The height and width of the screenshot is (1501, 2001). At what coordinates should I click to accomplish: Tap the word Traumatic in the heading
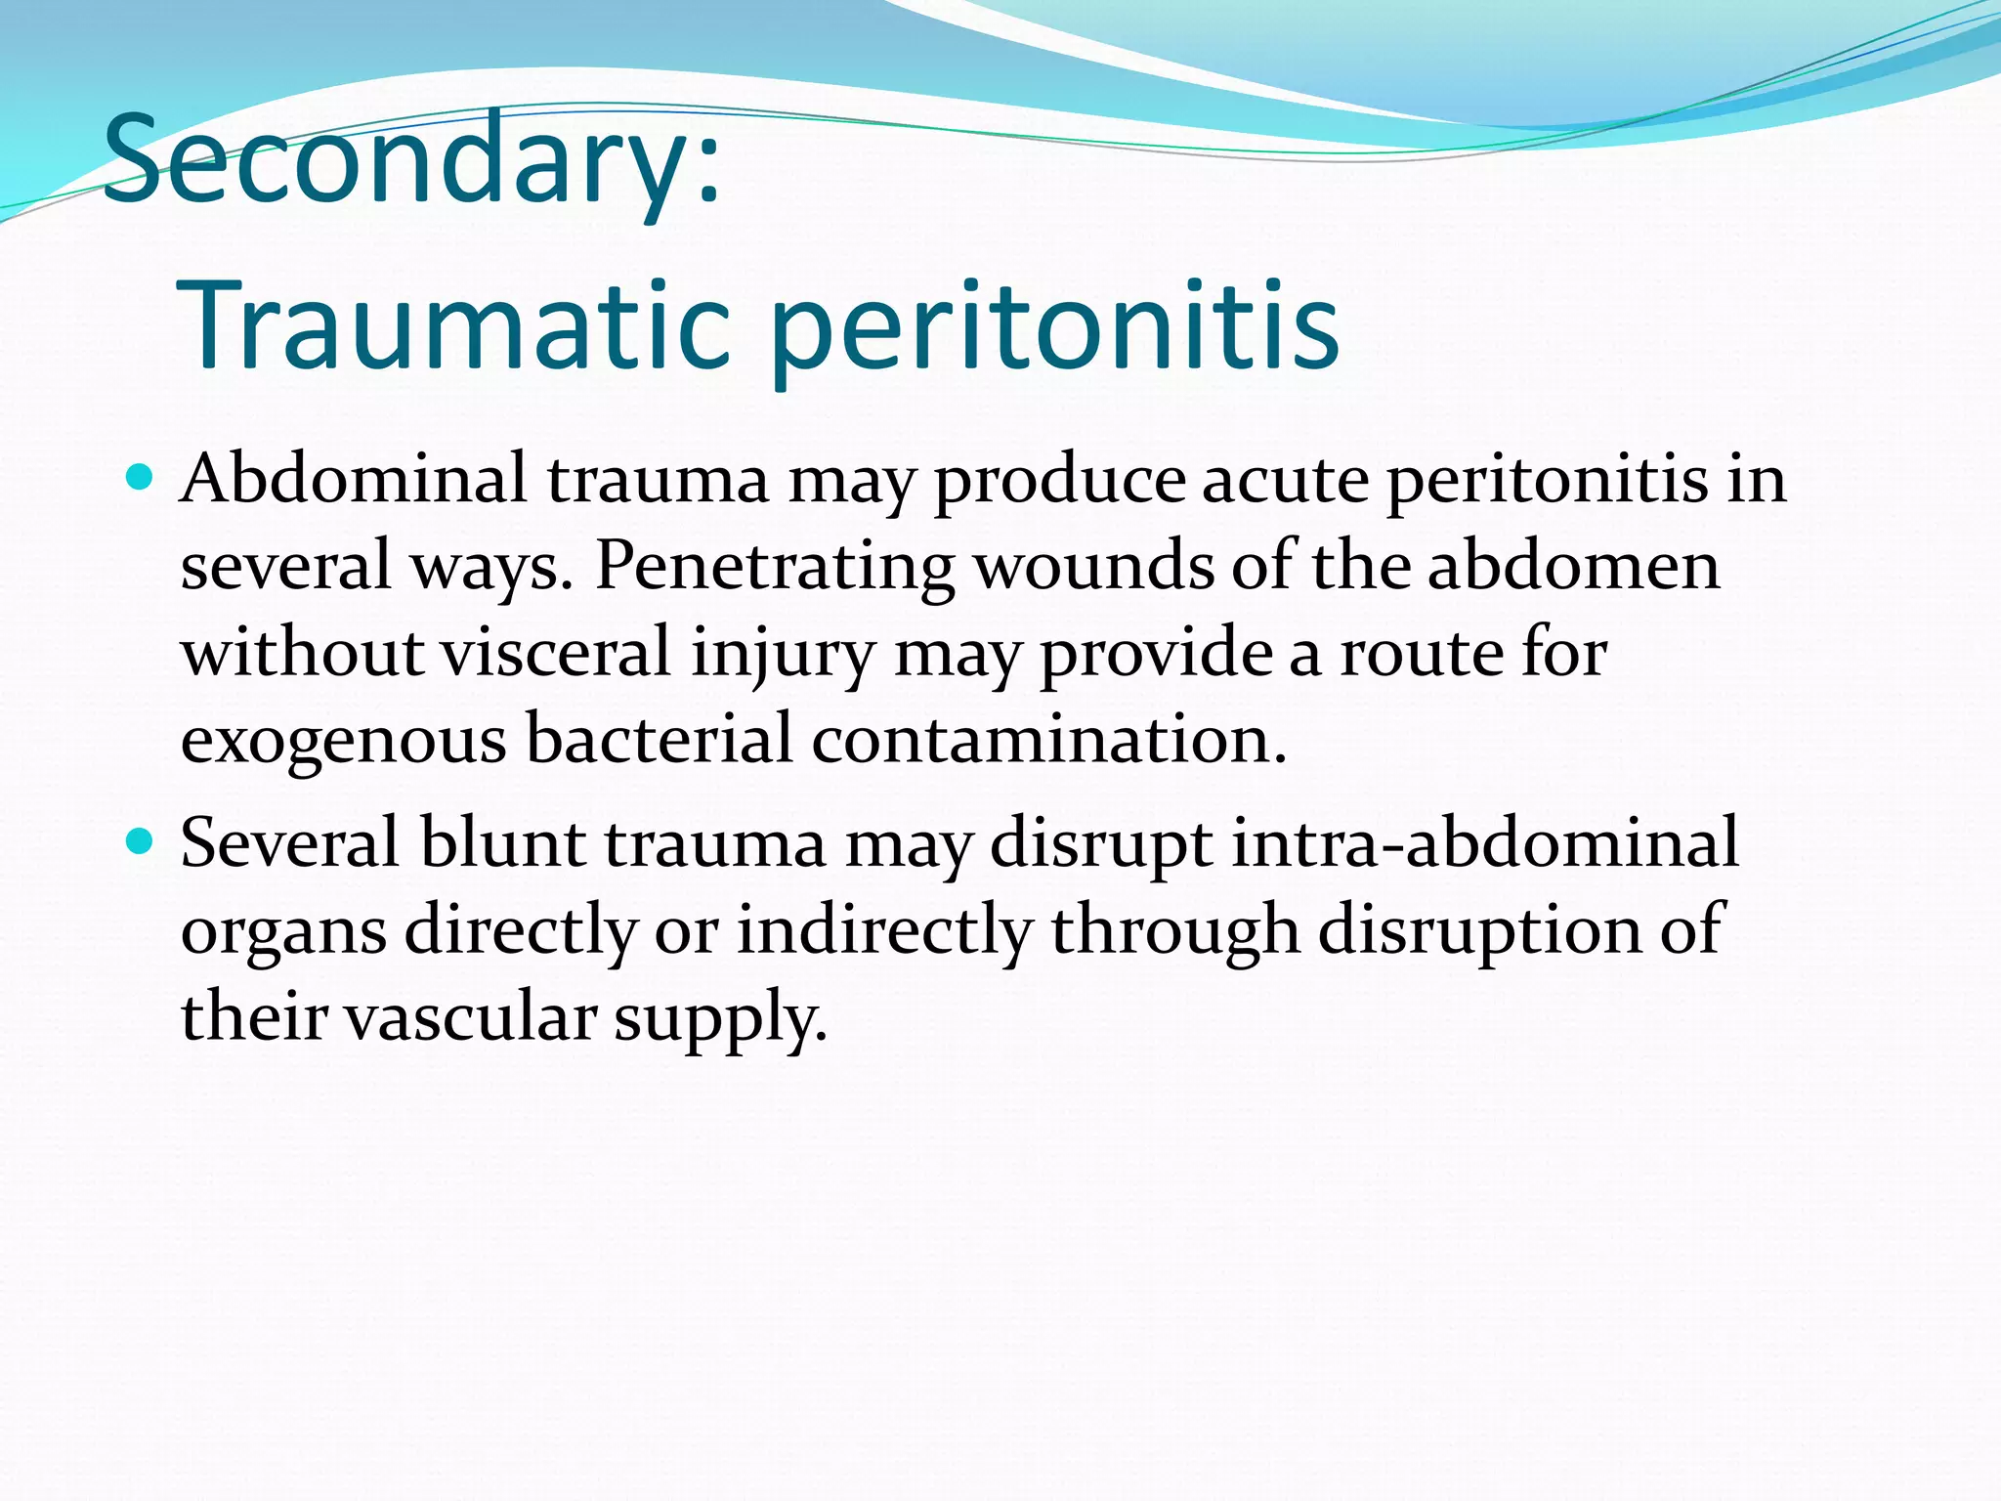(x=454, y=326)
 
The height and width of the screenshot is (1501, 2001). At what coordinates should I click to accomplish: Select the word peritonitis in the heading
(x=1055, y=326)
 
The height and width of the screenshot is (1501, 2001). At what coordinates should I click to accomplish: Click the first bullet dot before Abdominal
(x=142, y=478)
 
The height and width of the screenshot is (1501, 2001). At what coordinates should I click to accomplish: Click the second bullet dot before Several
(x=142, y=840)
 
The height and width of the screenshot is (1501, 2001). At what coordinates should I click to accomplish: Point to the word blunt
(x=502, y=842)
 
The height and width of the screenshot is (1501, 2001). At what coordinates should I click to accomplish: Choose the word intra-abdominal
(x=1484, y=842)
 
